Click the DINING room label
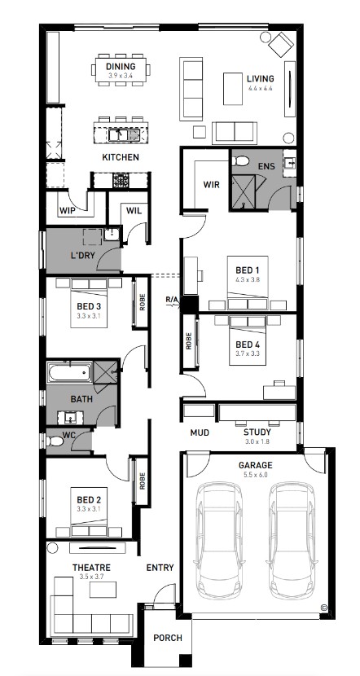(x=121, y=67)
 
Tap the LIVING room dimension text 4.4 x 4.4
(x=261, y=88)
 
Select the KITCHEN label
(x=121, y=157)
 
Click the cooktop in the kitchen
(x=121, y=180)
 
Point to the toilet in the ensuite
(x=240, y=161)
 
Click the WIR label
(x=211, y=185)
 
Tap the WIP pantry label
(x=68, y=211)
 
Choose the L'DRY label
(x=82, y=255)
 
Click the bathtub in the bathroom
(x=69, y=372)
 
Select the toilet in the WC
(x=55, y=441)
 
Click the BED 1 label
(x=247, y=270)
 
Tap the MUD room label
(x=200, y=432)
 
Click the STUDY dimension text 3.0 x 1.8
(x=257, y=441)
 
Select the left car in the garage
(x=218, y=540)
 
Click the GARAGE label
(x=256, y=465)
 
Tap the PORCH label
(x=168, y=638)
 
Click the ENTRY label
(x=160, y=568)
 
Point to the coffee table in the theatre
(x=103, y=590)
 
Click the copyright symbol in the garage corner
(x=324, y=608)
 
